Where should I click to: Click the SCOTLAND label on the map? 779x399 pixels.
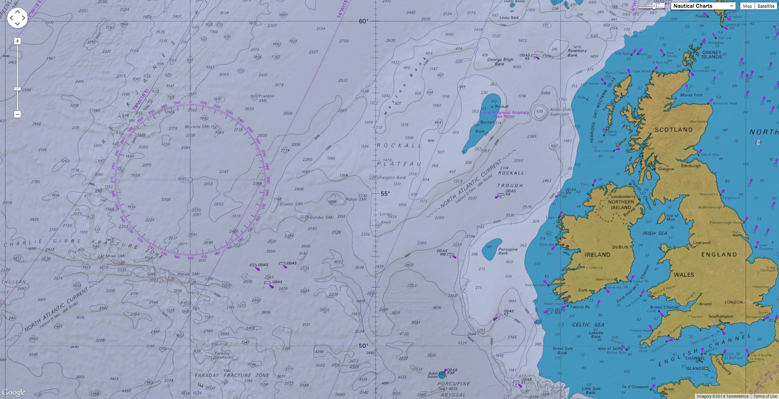673,130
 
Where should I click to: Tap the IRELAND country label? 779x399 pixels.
597,254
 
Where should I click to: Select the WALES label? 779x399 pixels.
684,275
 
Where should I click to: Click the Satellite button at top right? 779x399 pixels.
765,6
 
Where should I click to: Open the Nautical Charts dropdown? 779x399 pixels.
703,6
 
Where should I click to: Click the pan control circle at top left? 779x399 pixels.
17,18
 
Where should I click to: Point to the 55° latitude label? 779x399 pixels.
385,194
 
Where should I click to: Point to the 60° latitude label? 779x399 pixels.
363,21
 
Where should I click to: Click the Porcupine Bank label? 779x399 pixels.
508,251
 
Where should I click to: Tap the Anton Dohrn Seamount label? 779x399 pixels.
561,111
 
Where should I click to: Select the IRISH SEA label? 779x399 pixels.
654,234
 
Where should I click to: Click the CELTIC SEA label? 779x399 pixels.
588,325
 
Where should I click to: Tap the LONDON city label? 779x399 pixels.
733,302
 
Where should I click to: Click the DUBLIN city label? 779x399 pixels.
620,247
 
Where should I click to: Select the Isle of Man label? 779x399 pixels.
672,218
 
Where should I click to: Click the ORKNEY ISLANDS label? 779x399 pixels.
711,54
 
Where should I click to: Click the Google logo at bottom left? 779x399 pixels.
14,392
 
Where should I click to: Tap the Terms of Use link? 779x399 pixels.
765,396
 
